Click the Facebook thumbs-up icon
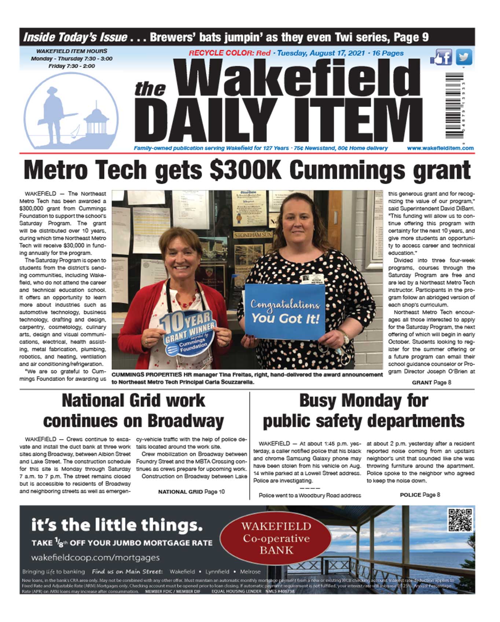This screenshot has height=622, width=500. tap(441, 58)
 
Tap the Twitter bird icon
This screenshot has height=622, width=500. tap(464, 58)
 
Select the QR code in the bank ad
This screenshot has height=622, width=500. tap(460, 519)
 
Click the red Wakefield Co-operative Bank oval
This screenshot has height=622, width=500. tap(276, 538)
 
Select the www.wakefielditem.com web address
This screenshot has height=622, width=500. tap(440, 148)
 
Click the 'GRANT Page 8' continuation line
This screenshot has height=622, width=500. tap(431, 382)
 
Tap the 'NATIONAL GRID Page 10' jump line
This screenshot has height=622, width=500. tap(191, 492)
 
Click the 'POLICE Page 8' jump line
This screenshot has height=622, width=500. tap(420, 494)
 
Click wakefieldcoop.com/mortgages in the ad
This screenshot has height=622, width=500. tap(95, 557)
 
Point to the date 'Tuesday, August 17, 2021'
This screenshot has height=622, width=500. tap(321, 53)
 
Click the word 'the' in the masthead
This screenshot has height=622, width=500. tap(150, 89)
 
